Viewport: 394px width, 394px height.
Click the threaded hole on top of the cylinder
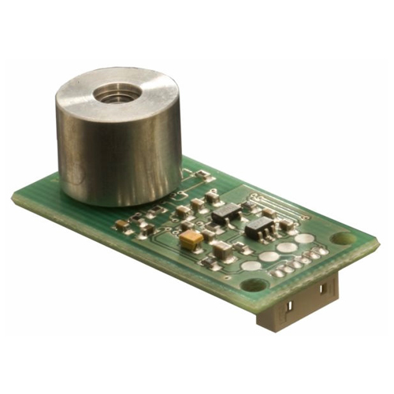tap(117, 94)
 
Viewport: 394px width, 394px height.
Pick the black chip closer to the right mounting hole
tap(258, 229)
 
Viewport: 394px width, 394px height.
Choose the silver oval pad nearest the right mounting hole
tap(304, 239)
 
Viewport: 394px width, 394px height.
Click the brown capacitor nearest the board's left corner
tap(121, 225)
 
